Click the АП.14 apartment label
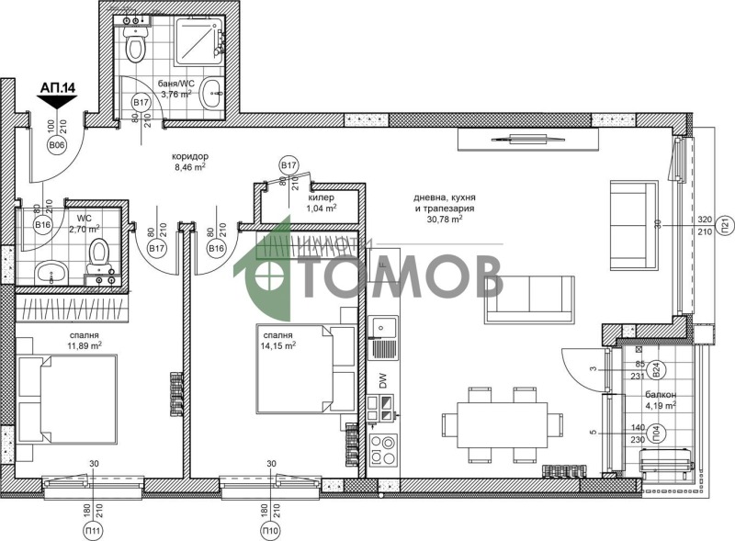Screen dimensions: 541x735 tap(56, 88)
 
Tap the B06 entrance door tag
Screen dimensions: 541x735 tap(56, 144)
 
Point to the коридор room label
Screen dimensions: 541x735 tap(190, 156)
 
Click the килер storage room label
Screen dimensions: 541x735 tap(321, 197)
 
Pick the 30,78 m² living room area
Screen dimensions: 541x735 tap(443, 219)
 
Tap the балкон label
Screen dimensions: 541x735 tap(661, 394)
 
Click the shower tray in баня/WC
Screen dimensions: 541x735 tap(193, 39)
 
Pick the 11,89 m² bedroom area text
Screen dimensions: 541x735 tap(83, 345)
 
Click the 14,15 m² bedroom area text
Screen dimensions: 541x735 tap(276, 346)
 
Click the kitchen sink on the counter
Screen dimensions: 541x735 tap(382, 326)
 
